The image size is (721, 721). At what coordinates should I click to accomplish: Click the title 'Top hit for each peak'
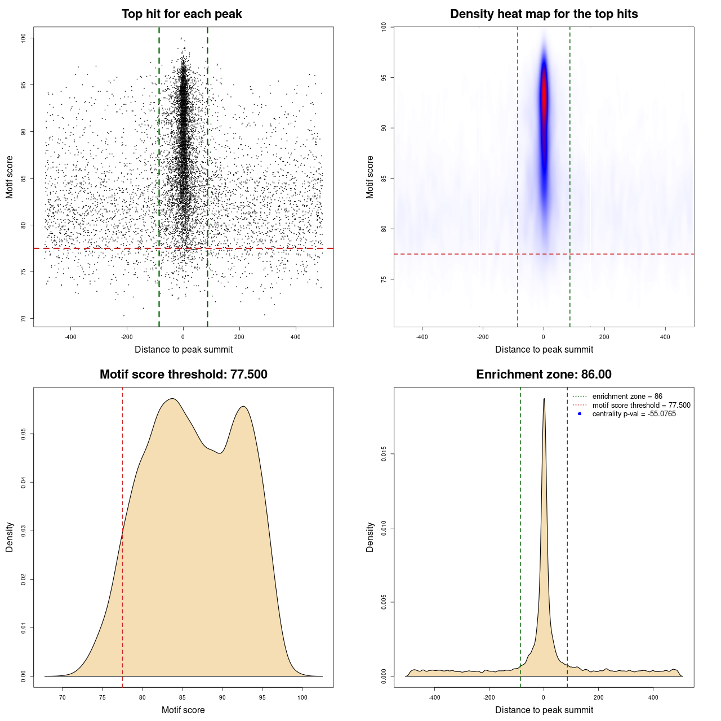click(x=182, y=14)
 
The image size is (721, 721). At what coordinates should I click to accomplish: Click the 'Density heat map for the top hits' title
click(x=544, y=14)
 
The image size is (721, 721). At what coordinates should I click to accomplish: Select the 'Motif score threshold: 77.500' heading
click(x=183, y=375)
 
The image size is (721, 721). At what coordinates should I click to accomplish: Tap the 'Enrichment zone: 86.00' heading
click(x=544, y=375)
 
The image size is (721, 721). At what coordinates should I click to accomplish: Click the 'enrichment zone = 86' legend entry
click(x=627, y=397)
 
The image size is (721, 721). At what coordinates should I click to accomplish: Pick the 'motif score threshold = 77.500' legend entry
click(x=641, y=405)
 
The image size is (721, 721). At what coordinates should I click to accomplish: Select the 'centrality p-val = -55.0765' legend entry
click(x=634, y=414)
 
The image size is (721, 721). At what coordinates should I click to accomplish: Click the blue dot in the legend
click(x=580, y=414)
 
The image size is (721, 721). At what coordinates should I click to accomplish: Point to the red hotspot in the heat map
click(x=544, y=96)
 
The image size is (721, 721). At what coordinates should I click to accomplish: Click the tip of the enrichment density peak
click(x=544, y=399)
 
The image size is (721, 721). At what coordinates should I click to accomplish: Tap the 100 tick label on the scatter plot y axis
click(x=24, y=38)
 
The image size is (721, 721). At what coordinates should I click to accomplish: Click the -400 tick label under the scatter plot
click(x=70, y=337)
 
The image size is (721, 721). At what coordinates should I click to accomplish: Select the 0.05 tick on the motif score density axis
click(x=24, y=434)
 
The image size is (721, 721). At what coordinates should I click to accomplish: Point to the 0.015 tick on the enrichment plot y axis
click(x=384, y=454)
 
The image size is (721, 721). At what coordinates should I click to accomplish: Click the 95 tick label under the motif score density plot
click(x=262, y=697)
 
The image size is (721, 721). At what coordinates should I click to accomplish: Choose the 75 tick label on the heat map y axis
click(x=384, y=279)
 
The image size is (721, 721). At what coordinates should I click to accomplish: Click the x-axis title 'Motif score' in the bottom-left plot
click(x=183, y=710)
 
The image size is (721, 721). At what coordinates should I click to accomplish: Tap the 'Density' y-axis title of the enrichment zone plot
click(x=370, y=537)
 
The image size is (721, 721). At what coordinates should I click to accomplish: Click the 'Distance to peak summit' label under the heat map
click(x=544, y=349)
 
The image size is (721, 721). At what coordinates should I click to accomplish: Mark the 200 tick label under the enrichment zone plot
click(x=599, y=697)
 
